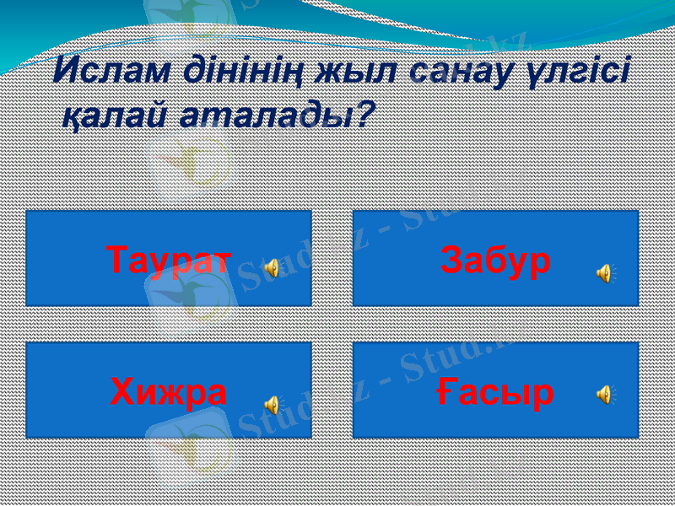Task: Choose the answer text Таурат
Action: (170, 261)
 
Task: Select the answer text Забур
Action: (495, 261)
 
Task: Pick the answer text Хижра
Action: (169, 392)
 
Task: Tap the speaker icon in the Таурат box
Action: (272, 269)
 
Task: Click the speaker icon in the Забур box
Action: (605, 272)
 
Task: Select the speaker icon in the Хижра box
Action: (272, 404)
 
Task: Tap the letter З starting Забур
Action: (451, 261)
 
